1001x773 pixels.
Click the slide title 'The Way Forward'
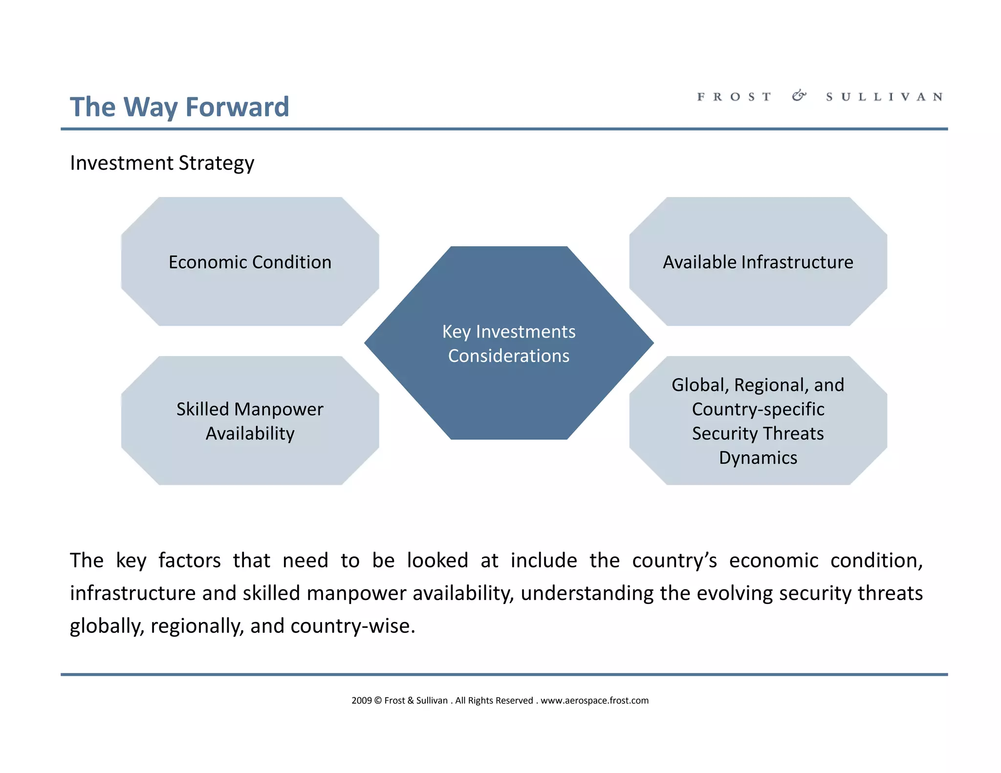click(x=179, y=107)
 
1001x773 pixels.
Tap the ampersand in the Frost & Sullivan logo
click(x=799, y=96)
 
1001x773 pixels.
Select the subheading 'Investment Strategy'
click(x=162, y=163)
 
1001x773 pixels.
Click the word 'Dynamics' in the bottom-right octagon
click(x=758, y=458)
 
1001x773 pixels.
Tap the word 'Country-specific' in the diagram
click(x=758, y=409)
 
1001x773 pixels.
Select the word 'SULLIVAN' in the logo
click(x=884, y=97)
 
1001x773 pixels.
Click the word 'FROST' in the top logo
click(x=734, y=97)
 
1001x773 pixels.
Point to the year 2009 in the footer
click(x=362, y=701)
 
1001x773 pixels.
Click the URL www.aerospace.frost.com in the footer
click(x=594, y=701)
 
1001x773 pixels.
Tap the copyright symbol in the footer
click(x=378, y=701)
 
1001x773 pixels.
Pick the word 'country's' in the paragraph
click(x=675, y=561)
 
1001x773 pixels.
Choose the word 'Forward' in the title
click(x=238, y=107)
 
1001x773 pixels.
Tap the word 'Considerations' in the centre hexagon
click(x=509, y=356)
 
